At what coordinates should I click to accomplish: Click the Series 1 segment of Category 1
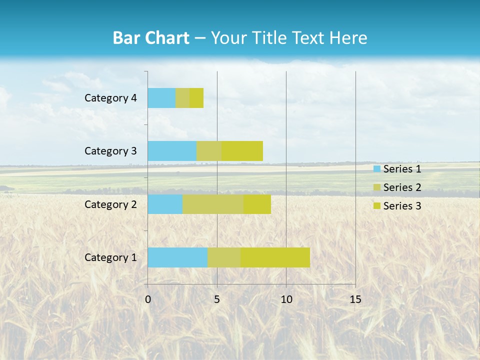177,257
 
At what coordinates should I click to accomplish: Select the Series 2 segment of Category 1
224,257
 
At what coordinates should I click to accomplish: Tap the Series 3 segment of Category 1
275,257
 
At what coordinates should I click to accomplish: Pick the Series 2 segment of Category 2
213,204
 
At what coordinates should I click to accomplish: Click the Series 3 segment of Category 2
257,204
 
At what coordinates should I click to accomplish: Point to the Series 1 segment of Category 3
172,151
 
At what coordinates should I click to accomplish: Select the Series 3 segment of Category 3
242,151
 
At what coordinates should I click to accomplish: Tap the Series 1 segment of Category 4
161,98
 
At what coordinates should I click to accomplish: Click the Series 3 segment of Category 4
196,98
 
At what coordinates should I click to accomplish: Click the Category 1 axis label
110,257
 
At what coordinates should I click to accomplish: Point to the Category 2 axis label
110,204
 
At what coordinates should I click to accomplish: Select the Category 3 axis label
110,151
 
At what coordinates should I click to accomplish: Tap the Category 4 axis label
110,98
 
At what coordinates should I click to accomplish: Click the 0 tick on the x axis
148,299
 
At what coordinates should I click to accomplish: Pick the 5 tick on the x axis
217,299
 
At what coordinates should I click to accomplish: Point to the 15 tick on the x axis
355,299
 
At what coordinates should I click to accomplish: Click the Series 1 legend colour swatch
376,169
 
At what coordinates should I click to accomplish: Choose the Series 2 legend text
402,187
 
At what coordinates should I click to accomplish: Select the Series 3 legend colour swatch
376,206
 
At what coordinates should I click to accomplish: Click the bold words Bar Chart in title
151,38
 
